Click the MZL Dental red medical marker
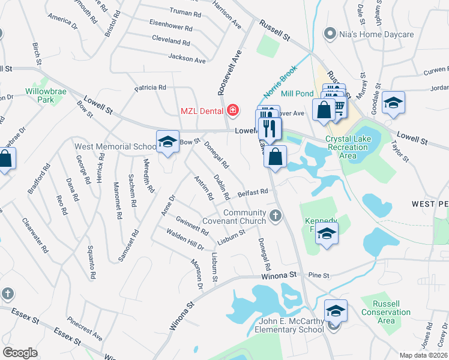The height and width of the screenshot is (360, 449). [232, 110]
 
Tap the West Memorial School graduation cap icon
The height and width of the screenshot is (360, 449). [166, 142]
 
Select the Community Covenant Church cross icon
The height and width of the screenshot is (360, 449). [276, 215]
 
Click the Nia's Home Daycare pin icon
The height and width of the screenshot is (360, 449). [329, 34]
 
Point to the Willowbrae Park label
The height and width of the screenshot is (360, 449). [44, 96]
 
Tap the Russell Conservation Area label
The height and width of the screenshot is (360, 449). [391, 312]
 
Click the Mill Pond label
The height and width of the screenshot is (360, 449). [297, 94]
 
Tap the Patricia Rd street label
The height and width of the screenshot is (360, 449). [150, 88]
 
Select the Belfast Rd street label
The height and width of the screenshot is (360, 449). [252, 193]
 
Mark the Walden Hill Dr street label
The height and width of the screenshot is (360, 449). [185, 241]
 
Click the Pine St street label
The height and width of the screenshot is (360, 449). [319, 275]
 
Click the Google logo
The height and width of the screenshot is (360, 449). [20, 352]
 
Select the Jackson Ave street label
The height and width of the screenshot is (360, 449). [187, 59]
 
